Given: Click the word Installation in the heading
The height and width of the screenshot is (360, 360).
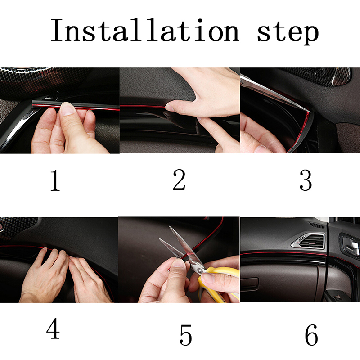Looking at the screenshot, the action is tap(145, 30).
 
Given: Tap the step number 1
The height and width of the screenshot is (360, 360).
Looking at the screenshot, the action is tap(55, 181).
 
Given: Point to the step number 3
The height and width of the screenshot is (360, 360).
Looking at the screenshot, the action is tap(306, 180).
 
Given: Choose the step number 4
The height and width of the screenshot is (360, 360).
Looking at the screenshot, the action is tap(53, 328).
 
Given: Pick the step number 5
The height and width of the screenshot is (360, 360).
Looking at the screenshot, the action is tap(185, 335).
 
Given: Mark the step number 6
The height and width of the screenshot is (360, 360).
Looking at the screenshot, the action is tap(311, 335).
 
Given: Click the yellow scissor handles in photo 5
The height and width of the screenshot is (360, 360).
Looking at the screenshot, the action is tap(218, 283).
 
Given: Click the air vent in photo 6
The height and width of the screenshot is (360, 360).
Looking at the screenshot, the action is tap(309, 241).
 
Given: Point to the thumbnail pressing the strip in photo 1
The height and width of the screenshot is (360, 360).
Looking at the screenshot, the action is tap(67, 108).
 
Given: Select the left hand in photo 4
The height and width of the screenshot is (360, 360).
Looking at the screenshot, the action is tap(45, 275).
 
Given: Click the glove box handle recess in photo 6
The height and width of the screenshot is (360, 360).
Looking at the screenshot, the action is tap(250, 283).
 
